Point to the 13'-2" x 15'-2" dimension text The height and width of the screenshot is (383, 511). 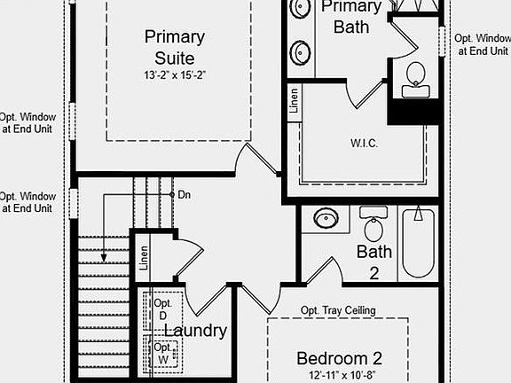[174, 75]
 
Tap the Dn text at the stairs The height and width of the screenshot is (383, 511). [184, 194]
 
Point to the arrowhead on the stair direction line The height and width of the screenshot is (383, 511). [104, 258]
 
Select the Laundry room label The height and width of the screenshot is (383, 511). [194, 331]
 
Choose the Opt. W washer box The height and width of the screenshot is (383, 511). [163, 353]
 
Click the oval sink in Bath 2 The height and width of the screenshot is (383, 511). [326, 218]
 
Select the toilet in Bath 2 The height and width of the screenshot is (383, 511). [373, 226]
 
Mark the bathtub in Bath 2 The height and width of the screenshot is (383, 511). [419, 241]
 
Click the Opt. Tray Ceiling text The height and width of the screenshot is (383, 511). [338, 310]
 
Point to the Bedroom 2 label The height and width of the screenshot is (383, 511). [339, 358]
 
